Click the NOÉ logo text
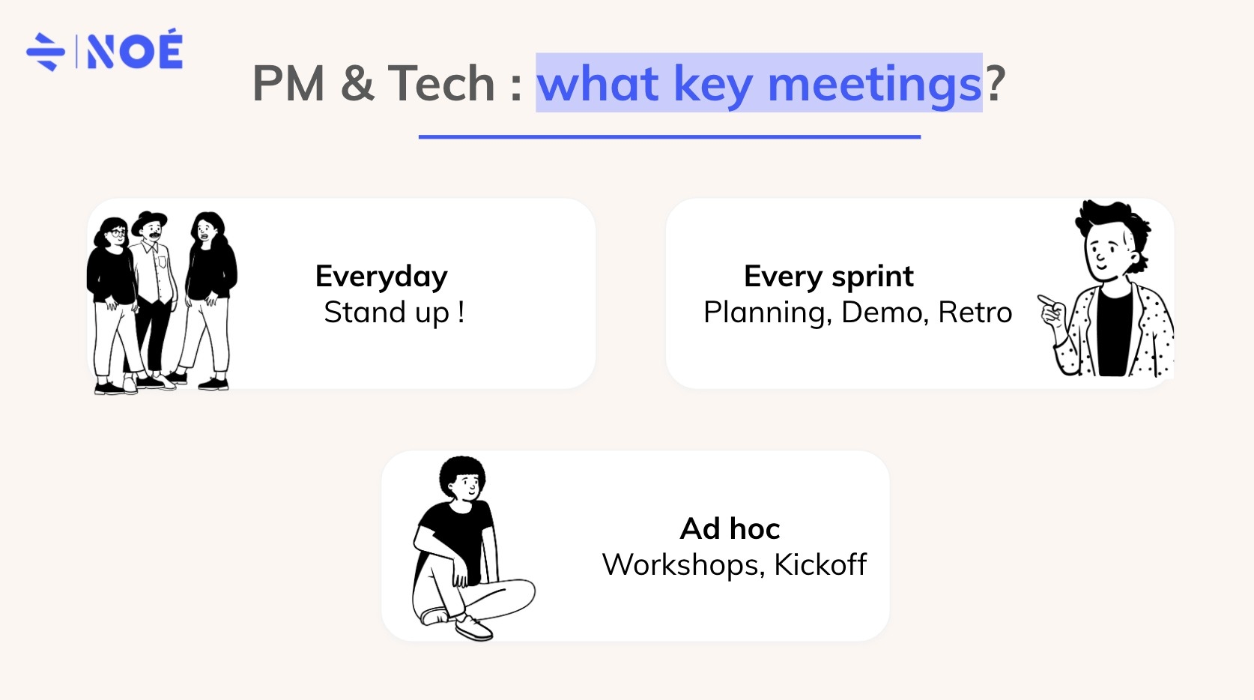coord(135,51)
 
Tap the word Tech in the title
coord(441,83)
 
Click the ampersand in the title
coord(357,83)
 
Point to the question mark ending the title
coord(995,83)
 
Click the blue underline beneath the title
coord(669,137)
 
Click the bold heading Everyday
coord(381,277)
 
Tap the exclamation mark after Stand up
coord(461,312)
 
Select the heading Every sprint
coord(829,277)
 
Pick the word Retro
coord(975,313)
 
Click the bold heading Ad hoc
coord(730,528)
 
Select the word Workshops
coord(682,565)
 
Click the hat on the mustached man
coord(150,220)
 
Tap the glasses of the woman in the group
coord(115,234)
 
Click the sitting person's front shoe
coord(473,627)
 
